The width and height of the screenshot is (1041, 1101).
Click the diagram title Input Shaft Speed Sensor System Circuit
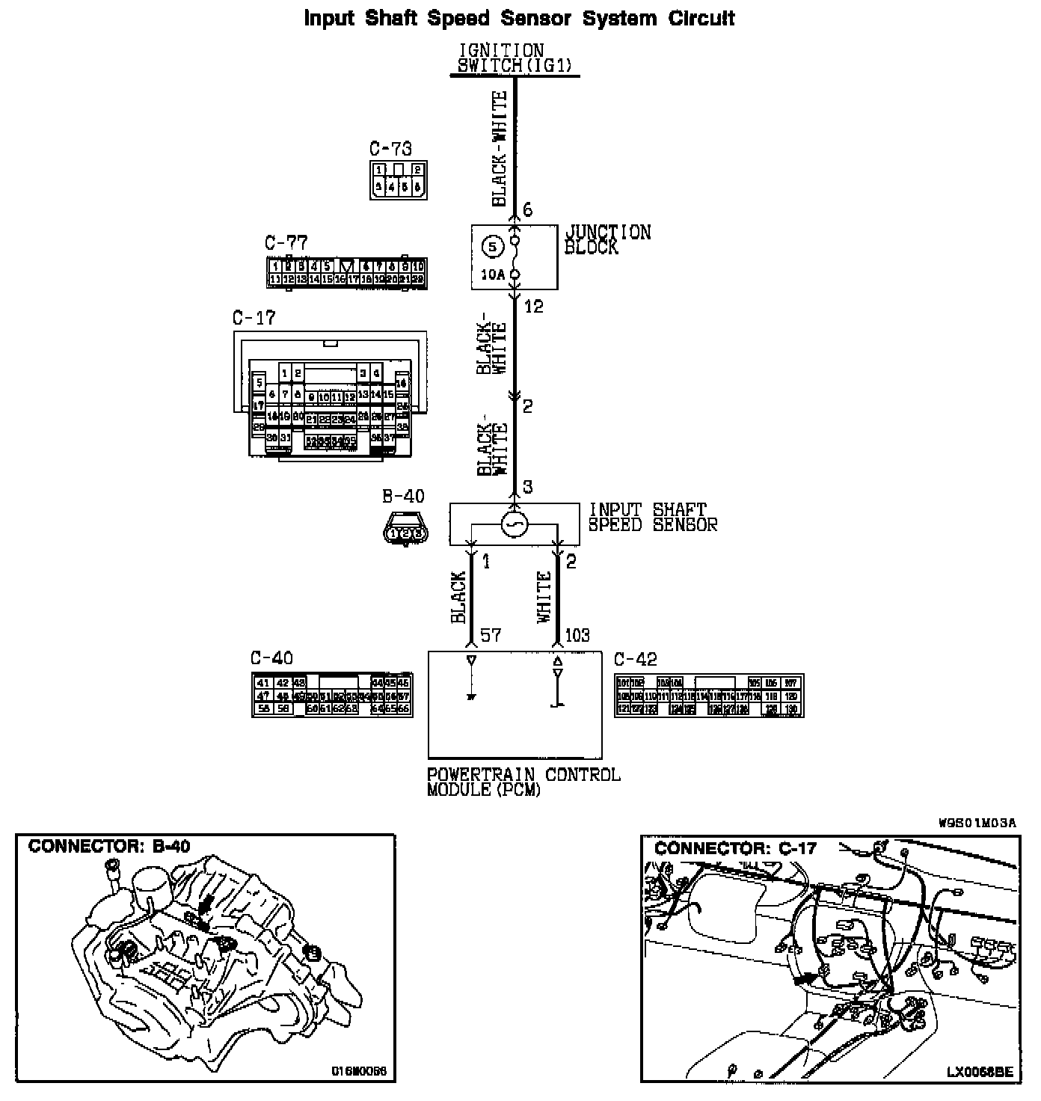(x=519, y=18)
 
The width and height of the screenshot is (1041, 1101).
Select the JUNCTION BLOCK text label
(x=607, y=239)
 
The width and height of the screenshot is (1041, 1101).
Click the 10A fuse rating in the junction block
(x=492, y=275)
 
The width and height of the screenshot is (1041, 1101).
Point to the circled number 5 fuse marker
(x=491, y=245)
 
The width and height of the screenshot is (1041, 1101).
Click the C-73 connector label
(x=390, y=149)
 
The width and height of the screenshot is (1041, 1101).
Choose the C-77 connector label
(x=286, y=243)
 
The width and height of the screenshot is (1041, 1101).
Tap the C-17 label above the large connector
(x=254, y=318)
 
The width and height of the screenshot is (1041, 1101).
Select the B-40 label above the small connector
(x=403, y=496)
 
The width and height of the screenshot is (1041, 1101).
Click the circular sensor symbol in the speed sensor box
(x=515, y=524)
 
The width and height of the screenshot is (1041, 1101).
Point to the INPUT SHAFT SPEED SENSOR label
(x=652, y=517)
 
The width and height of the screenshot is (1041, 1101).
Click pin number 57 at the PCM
(x=490, y=635)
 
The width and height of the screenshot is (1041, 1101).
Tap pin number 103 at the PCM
(x=577, y=635)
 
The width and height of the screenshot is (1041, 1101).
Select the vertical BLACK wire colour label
(x=458, y=597)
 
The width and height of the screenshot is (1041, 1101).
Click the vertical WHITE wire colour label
(x=544, y=597)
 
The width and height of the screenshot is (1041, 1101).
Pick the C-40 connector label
(x=271, y=658)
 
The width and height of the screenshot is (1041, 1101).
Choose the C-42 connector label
(x=635, y=659)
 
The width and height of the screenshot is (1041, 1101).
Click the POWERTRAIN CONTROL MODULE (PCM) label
(x=523, y=782)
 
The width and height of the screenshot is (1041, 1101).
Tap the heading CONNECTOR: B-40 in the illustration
(x=109, y=847)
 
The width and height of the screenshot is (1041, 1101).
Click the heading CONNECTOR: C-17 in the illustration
(x=735, y=848)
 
